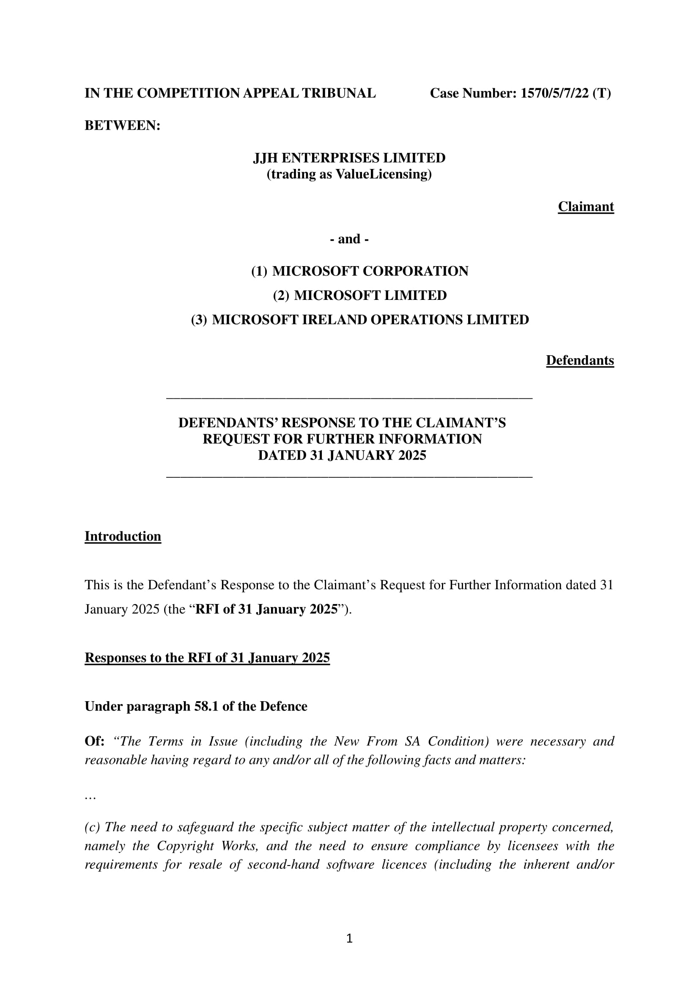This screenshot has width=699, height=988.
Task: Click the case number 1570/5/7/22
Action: [x=554, y=93]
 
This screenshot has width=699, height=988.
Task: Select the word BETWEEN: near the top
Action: [x=122, y=125]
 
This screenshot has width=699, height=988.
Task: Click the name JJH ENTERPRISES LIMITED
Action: [x=349, y=158]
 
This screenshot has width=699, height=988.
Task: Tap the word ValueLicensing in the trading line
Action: [x=381, y=174]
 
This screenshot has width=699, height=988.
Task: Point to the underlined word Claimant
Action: [x=586, y=207]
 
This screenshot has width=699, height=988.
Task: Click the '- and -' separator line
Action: [x=349, y=239]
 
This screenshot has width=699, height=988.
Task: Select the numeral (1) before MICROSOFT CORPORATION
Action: [x=259, y=271]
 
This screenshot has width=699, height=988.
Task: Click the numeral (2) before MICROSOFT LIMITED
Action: [x=280, y=296]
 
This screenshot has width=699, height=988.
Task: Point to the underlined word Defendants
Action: [x=580, y=360]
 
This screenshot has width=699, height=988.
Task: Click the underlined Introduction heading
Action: [x=123, y=536]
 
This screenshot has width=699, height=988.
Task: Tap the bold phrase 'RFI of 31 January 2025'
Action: [x=266, y=610]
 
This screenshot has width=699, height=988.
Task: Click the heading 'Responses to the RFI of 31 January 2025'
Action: [x=207, y=658]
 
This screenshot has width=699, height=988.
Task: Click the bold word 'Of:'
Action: [x=94, y=741]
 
